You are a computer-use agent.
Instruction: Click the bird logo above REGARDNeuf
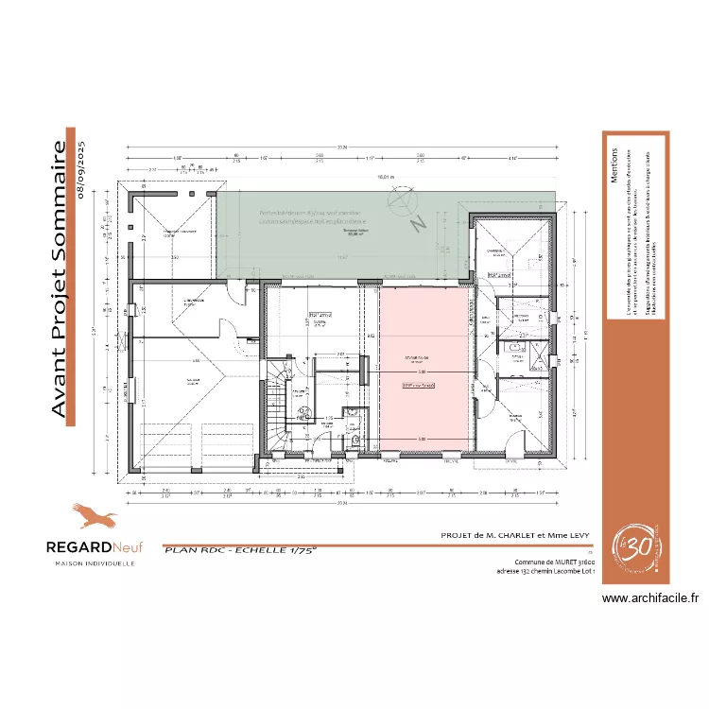(x=94, y=516)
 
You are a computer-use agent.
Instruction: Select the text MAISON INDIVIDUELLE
(x=92, y=563)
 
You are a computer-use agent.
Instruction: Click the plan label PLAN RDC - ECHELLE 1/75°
(x=240, y=548)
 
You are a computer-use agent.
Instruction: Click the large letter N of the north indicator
(x=414, y=225)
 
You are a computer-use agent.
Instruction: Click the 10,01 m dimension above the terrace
(x=385, y=177)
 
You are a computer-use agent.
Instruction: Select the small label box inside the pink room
(x=418, y=386)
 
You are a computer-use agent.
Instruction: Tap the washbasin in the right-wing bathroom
(x=516, y=347)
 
